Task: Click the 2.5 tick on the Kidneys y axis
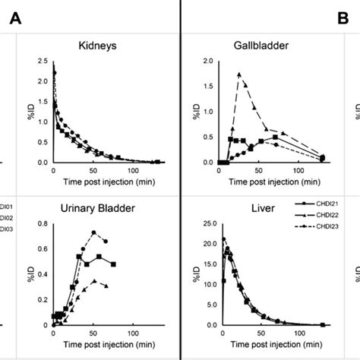pos(43,62)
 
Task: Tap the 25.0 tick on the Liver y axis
pos(207,224)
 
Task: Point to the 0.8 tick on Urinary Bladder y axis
pos(43,224)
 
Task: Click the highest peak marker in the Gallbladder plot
pos(239,74)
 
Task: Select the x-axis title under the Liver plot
pos(266,346)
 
